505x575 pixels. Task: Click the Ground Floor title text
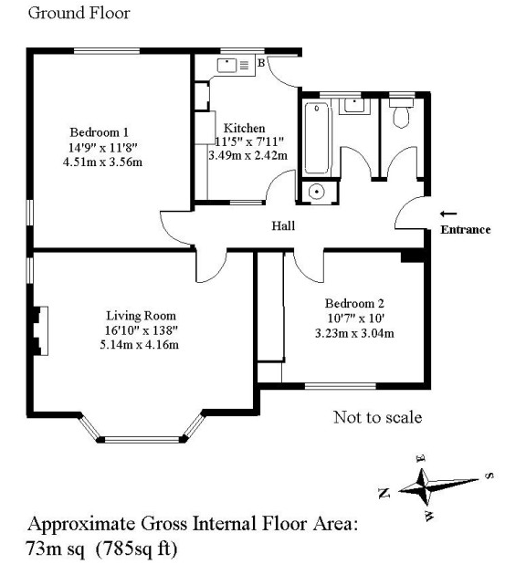point(79,13)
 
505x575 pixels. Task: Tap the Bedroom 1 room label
point(100,132)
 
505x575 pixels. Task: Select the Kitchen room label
point(245,128)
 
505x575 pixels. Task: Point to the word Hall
point(283,225)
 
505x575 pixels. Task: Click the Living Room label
point(141,316)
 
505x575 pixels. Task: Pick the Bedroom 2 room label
point(354,303)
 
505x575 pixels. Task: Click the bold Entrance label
point(466,230)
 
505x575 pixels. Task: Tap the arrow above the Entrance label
point(448,214)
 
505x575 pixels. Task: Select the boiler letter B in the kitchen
point(261,63)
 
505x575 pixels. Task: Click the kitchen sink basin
point(226,66)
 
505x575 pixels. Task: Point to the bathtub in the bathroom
point(316,138)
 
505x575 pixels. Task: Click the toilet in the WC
point(401,112)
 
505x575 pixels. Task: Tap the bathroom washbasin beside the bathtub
point(354,106)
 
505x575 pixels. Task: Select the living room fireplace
point(40,330)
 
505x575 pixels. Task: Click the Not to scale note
point(378,417)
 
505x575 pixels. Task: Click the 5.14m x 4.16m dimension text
point(140,345)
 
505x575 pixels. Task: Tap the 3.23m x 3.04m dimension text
point(354,333)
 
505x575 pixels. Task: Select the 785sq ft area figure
point(136,549)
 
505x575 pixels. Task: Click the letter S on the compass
point(489,476)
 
